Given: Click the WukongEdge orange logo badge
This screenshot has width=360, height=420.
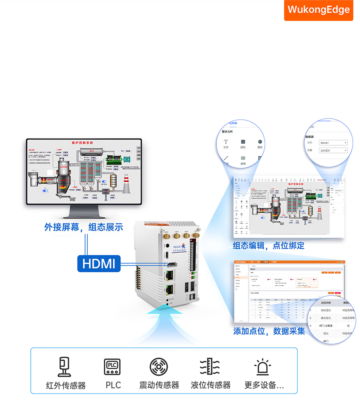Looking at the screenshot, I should pyautogui.click(x=318, y=10).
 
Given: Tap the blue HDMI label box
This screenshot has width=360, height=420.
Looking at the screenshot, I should pyautogui.click(x=99, y=263).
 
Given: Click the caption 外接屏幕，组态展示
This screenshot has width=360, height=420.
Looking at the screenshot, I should pyautogui.click(x=84, y=227).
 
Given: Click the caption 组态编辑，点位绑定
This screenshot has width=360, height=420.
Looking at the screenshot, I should pyautogui.click(x=269, y=245).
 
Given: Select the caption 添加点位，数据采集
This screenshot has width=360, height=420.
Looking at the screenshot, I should pyautogui.click(x=269, y=331).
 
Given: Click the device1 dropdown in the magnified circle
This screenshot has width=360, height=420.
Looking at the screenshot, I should pyautogui.click(x=333, y=143).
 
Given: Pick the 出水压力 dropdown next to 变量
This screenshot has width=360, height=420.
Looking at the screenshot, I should pyautogui.click(x=333, y=151).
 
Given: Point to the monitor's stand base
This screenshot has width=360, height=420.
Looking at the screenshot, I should pyautogui.click(x=84, y=214).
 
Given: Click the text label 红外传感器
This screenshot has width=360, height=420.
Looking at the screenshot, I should pyautogui.click(x=66, y=386).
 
